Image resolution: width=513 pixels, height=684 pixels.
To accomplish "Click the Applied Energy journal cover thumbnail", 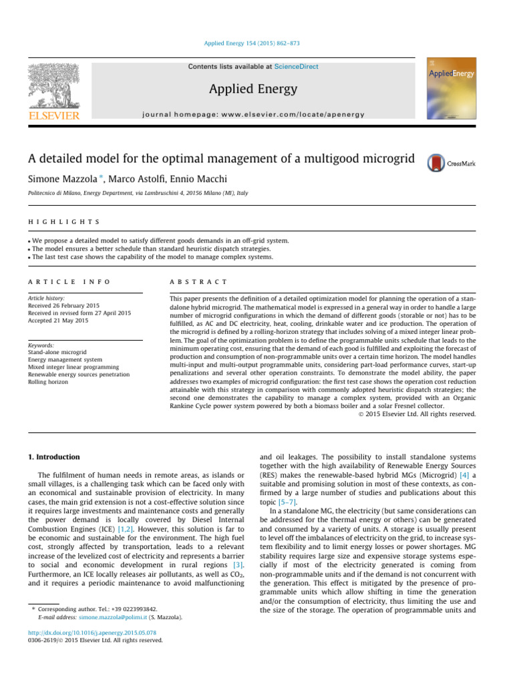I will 452,90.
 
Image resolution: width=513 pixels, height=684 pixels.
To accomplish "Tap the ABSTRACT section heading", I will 199,283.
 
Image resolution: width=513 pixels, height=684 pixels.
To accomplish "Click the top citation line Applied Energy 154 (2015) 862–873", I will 256,43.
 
